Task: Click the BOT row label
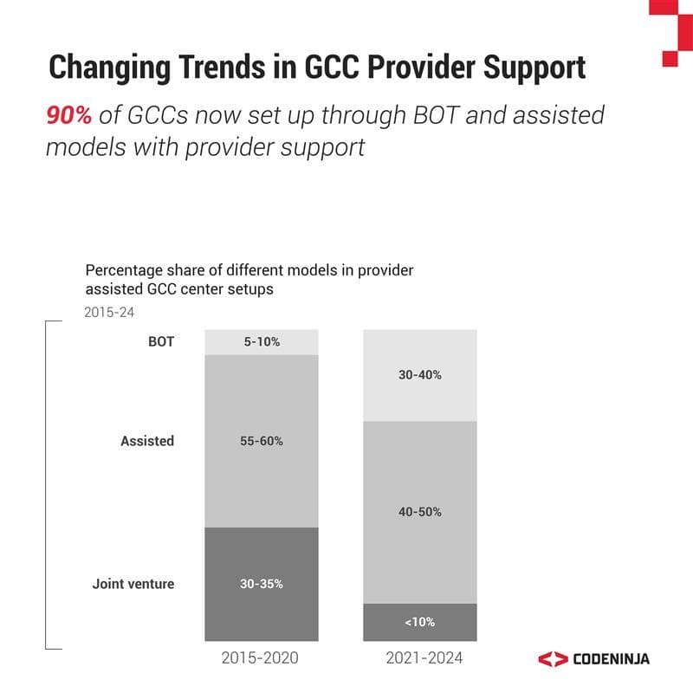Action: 160,341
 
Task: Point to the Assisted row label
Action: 147,441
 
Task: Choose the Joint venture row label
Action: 133,584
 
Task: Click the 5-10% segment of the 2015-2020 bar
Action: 262,342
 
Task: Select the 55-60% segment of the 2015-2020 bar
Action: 262,441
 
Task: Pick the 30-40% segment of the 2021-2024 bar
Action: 419,375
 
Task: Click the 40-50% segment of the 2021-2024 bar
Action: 419,512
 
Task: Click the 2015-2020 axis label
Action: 261,659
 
